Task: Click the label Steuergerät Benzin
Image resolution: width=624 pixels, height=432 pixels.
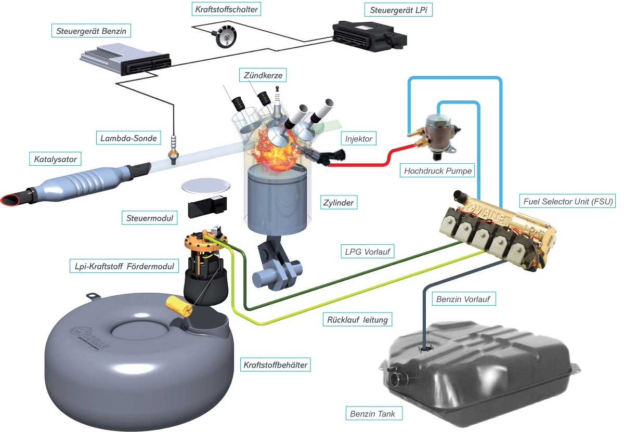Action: point(92,31)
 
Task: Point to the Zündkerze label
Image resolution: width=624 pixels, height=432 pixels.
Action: point(263,75)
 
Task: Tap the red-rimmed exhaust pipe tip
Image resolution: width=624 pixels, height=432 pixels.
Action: point(11,199)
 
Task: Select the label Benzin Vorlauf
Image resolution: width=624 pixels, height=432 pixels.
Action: point(463,299)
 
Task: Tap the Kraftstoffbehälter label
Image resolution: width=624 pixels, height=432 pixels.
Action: point(276,365)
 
